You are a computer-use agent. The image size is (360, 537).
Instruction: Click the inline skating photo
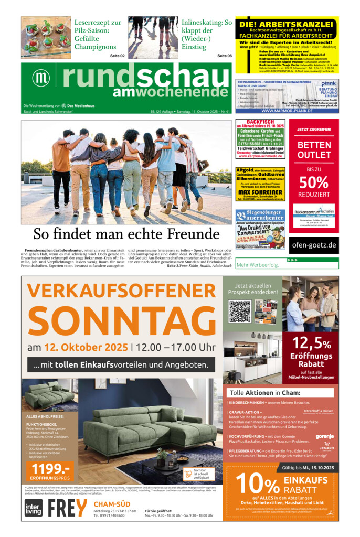153,37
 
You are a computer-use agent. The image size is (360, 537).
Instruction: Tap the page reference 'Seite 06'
225,56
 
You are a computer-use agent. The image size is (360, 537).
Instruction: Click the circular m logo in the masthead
41,77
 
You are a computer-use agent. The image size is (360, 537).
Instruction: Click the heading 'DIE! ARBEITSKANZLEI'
287,24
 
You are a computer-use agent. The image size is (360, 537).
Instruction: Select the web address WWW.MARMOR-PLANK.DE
287,111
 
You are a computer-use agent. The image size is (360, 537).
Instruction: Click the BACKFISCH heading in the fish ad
260,122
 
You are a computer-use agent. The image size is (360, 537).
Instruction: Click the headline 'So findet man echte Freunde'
126,234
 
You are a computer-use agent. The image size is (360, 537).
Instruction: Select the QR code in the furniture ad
240,311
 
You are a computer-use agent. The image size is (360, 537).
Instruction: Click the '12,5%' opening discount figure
312,343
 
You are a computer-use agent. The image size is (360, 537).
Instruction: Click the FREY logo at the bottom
67,508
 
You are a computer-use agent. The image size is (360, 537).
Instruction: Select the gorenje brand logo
324,436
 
